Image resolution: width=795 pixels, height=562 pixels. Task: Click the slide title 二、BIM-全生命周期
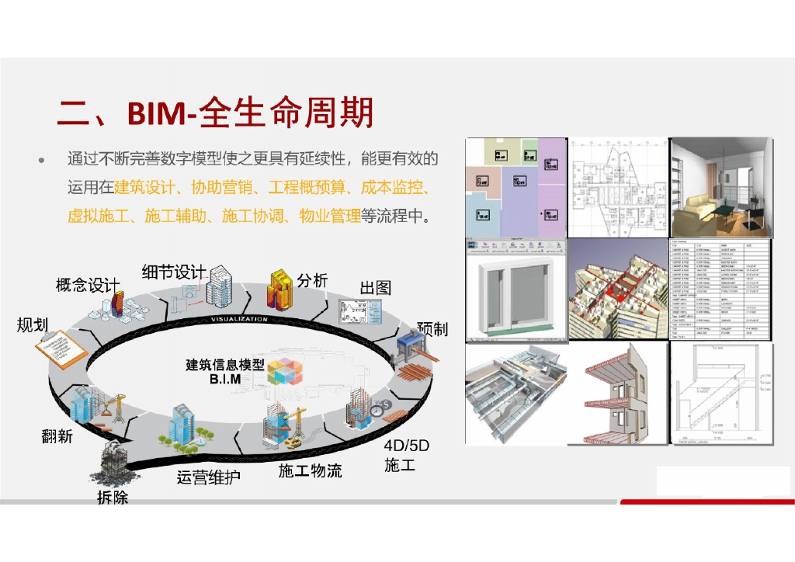click(x=216, y=113)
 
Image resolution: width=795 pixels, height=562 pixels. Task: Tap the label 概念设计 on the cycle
click(x=88, y=286)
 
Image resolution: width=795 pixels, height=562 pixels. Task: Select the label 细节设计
click(x=173, y=272)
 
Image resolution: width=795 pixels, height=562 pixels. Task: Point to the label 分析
click(x=312, y=280)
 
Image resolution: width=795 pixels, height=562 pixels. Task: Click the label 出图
click(x=375, y=287)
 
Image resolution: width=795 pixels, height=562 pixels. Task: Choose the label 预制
click(x=432, y=328)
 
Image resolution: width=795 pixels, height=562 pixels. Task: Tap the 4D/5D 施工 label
click(x=406, y=456)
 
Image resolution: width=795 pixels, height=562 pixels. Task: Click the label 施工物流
click(x=310, y=470)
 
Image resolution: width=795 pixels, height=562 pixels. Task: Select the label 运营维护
click(x=208, y=477)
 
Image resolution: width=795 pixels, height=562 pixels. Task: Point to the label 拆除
click(x=113, y=498)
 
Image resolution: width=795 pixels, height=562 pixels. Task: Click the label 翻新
click(x=57, y=436)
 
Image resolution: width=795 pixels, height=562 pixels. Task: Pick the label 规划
click(x=33, y=325)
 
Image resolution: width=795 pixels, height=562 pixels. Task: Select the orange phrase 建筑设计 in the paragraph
click(x=144, y=187)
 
